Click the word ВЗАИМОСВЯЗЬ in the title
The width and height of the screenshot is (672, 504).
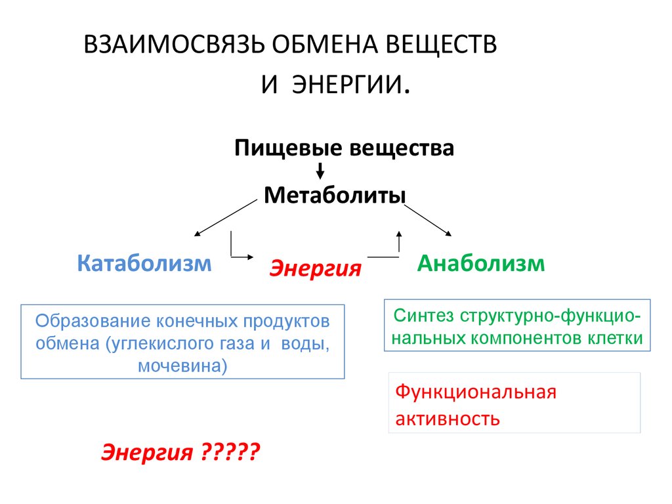click(173, 44)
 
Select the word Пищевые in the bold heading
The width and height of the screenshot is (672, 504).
click(289, 149)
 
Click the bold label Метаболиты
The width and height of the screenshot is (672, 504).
click(335, 196)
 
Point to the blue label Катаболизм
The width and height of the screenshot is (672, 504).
click(144, 263)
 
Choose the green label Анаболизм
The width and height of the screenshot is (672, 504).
click(481, 263)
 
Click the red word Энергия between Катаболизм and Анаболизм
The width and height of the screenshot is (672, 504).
click(316, 268)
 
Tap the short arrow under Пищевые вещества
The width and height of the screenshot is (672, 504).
click(320, 171)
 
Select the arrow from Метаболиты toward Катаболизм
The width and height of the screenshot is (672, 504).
click(226, 218)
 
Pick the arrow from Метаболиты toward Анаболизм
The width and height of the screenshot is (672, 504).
click(428, 220)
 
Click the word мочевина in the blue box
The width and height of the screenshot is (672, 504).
click(182, 366)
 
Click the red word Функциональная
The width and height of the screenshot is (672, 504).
click(476, 392)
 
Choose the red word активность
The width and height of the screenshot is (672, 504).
click(448, 419)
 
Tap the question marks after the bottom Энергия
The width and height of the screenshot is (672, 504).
click(230, 451)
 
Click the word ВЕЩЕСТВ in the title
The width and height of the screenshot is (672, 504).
click(442, 44)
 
